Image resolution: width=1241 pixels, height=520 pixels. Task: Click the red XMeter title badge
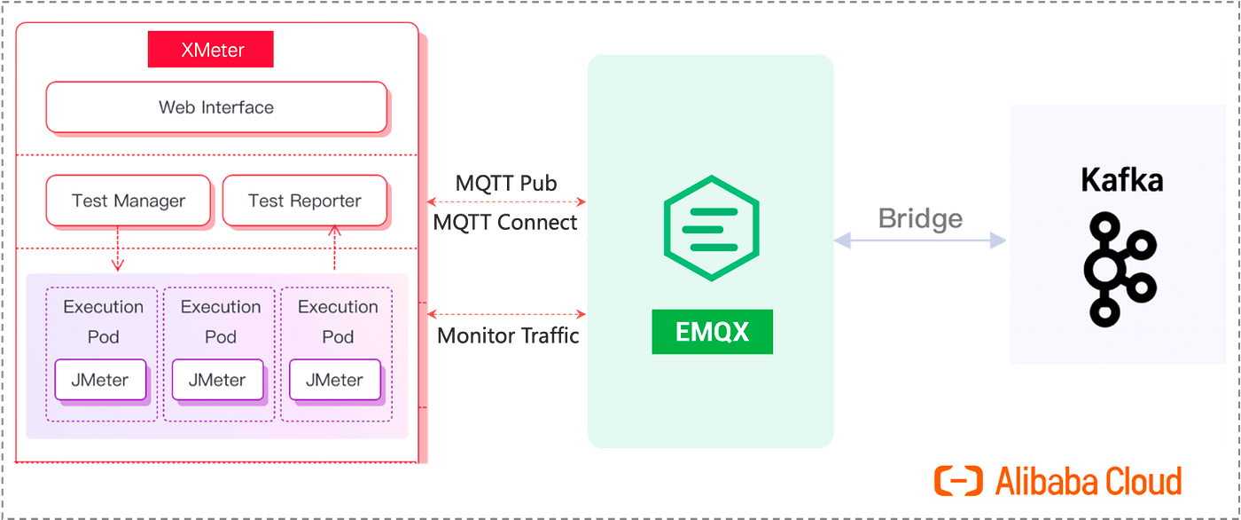click(x=211, y=50)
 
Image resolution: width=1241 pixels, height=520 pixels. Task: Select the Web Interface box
click(x=216, y=107)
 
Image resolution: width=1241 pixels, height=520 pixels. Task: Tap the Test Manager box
click(x=129, y=201)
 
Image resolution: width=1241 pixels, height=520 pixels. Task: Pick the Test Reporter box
click(x=305, y=201)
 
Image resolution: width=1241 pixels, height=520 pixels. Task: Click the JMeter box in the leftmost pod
click(x=100, y=380)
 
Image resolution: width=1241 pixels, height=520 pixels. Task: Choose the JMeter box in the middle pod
click(x=218, y=380)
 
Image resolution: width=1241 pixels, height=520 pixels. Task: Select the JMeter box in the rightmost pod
click(x=335, y=380)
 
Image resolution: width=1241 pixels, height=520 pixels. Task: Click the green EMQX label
click(x=713, y=332)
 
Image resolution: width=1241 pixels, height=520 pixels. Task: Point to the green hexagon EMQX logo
click(x=711, y=228)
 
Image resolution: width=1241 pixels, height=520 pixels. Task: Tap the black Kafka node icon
click(x=1120, y=270)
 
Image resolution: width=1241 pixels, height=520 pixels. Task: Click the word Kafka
click(x=1122, y=180)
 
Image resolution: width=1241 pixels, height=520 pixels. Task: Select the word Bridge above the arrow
click(x=920, y=218)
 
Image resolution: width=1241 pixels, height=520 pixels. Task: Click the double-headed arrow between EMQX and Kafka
click(x=920, y=240)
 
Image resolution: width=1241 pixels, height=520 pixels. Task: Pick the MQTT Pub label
click(x=506, y=184)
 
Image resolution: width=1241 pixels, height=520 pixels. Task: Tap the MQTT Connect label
click(x=504, y=223)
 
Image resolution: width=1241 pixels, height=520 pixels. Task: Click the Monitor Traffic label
click(x=508, y=336)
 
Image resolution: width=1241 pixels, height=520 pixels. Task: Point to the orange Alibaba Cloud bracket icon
click(x=958, y=481)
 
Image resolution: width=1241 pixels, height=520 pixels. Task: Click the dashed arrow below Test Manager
click(x=117, y=248)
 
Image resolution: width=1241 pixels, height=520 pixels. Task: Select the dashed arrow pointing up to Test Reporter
click(x=334, y=248)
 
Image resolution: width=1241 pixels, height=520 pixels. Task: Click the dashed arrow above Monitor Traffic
click(x=506, y=314)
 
